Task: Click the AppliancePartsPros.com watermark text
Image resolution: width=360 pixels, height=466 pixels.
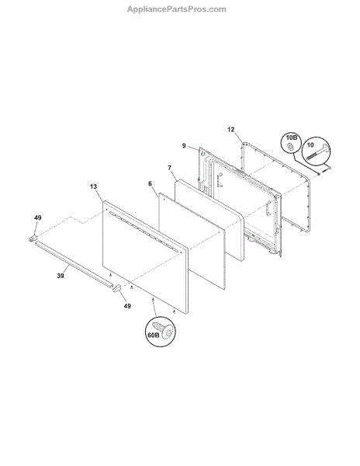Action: (177, 9)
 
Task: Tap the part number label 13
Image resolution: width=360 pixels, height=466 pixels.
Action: (93, 186)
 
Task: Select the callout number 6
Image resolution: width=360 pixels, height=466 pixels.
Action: (150, 184)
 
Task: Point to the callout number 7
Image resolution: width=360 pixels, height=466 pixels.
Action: (169, 168)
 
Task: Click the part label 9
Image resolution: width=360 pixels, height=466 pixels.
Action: (184, 146)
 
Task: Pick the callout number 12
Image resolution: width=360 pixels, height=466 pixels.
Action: (231, 130)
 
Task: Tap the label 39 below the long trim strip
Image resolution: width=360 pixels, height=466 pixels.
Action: (61, 276)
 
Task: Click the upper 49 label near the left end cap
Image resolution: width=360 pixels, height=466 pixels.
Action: (38, 217)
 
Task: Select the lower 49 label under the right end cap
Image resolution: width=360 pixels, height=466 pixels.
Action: (127, 306)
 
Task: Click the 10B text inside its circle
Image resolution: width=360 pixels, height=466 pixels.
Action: (292, 137)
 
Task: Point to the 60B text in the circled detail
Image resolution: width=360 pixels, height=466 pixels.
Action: (154, 335)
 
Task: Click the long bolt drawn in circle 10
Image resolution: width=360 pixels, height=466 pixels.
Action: (317, 152)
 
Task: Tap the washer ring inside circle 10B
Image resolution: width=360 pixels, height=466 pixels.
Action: (290, 146)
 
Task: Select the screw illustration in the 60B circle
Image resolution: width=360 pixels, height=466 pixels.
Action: (163, 329)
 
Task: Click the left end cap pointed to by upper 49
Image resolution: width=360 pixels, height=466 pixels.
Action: (33, 238)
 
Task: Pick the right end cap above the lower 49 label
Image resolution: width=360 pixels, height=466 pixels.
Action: (117, 288)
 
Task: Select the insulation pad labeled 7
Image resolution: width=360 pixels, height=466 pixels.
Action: (209, 221)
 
